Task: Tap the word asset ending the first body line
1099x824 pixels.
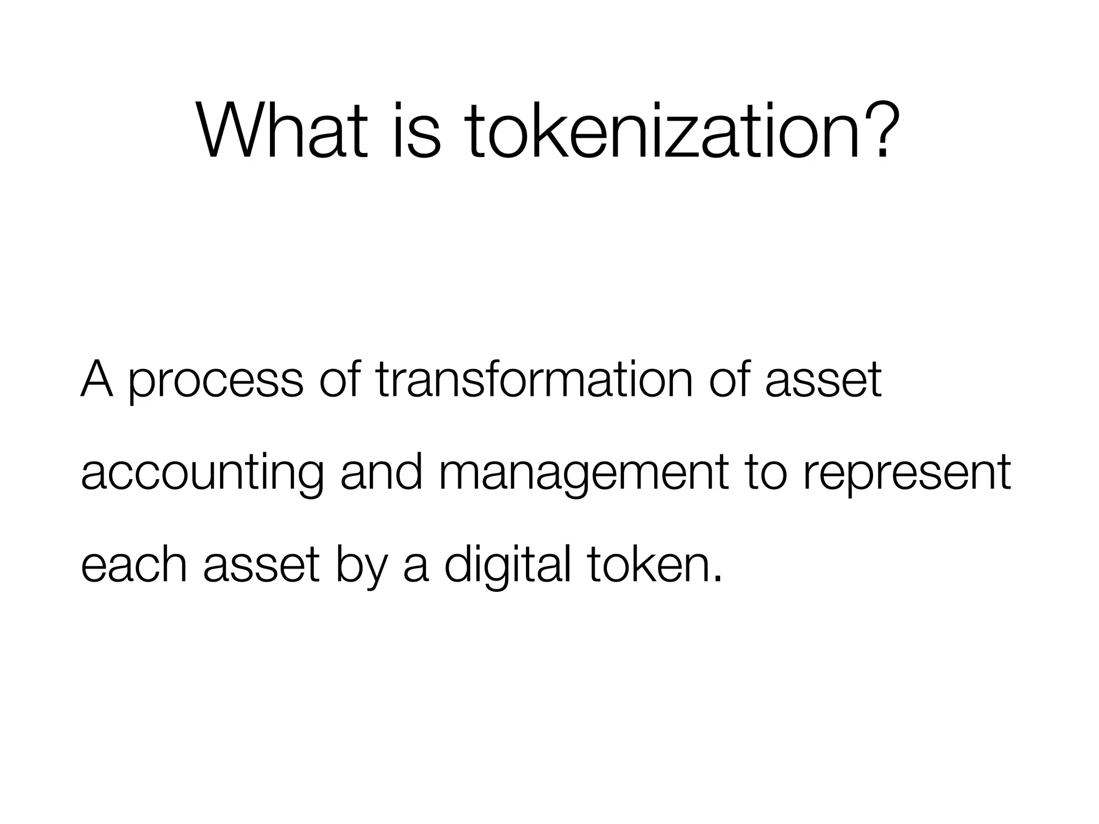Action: click(x=823, y=380)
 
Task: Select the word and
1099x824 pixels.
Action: click(x=381, y=472)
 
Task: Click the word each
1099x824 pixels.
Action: click(x=134, y=565)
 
